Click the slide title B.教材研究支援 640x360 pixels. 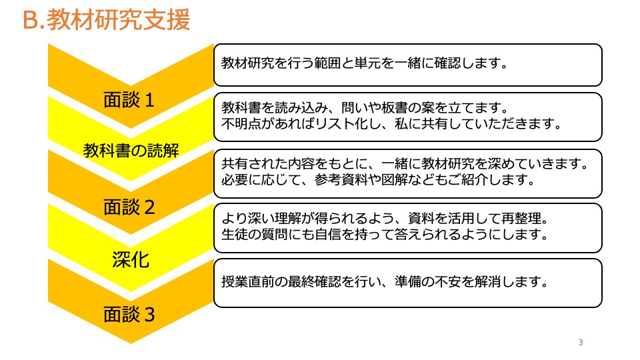107,20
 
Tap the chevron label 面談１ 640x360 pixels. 129,101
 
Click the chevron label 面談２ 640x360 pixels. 129,207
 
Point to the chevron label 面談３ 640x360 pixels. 129,314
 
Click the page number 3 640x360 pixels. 581,343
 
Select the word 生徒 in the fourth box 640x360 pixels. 234,234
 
